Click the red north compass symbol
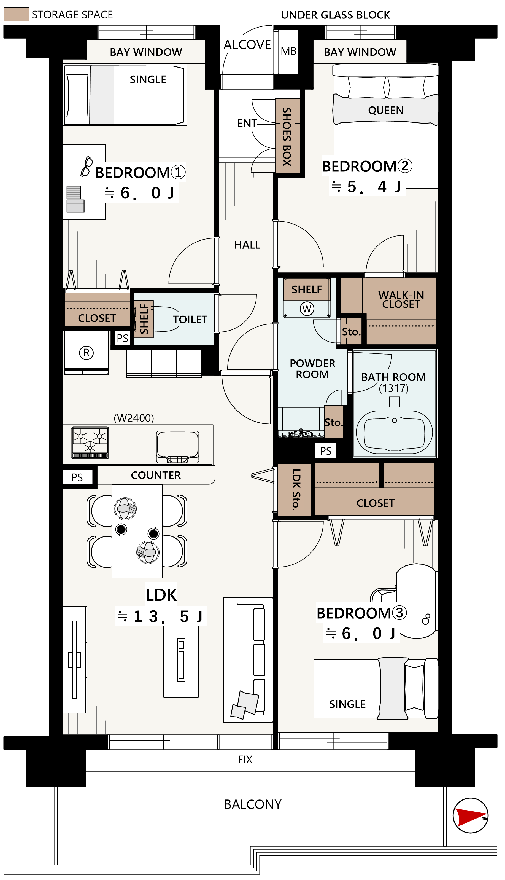(470, 815)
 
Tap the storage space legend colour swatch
(16, 14)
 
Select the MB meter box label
(288, 51)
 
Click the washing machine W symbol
(307, 308)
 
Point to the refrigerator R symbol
(86, 353)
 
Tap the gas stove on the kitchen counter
(90, 443)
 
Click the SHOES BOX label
(287, 136)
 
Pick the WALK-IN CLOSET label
(401, 299)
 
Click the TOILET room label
(190, 320)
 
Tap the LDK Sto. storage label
(296, 490)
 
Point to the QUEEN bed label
(386, 110)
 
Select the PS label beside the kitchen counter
(77, 477)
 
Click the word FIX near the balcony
(245, 760)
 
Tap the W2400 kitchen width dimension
(134, 418)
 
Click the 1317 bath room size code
(394, 388)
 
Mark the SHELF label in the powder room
(307, 289)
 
